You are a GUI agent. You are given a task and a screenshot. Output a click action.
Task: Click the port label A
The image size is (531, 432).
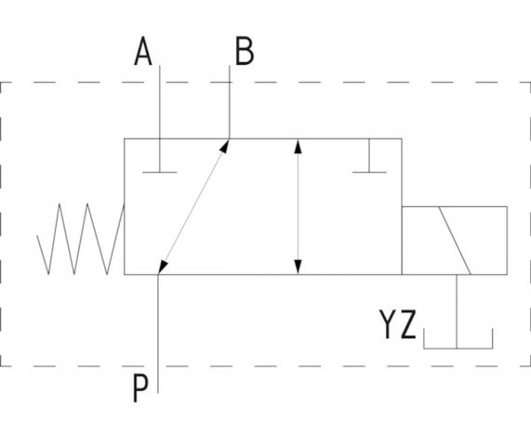coord(143,51)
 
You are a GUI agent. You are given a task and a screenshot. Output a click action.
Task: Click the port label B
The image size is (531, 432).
coord(245,51)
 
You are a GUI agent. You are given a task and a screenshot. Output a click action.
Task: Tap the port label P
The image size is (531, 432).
coord(140,388)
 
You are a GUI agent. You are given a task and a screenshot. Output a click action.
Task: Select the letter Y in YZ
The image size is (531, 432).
coord(388,324)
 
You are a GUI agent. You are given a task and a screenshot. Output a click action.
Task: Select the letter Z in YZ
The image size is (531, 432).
coord(408,324)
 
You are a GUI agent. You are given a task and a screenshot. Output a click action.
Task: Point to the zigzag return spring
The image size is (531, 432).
coord(81,239)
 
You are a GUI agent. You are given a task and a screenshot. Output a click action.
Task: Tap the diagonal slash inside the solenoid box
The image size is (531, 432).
coord(455,241)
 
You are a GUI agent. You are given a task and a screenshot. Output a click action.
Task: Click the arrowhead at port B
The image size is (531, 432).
coord(225,147)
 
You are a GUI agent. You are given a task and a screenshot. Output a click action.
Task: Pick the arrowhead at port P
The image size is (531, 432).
coord(163,267)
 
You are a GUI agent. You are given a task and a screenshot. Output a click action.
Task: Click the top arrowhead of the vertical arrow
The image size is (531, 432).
coord(298,147)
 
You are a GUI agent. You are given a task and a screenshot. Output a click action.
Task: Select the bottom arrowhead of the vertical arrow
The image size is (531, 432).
coord(298,267)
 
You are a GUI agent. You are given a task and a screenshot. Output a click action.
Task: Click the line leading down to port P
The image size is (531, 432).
coord(158,334)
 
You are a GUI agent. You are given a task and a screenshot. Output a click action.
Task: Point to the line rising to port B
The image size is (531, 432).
coord(230,102)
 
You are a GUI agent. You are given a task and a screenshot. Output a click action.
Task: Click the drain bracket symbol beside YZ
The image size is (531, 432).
coord(458,347)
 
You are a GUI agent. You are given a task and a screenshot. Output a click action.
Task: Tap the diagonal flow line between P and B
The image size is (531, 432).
coord(194,206)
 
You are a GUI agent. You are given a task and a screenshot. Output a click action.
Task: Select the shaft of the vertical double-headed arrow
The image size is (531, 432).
coord(298,206)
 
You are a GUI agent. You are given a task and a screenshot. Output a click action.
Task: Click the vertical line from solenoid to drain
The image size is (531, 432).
coord(457,311)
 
